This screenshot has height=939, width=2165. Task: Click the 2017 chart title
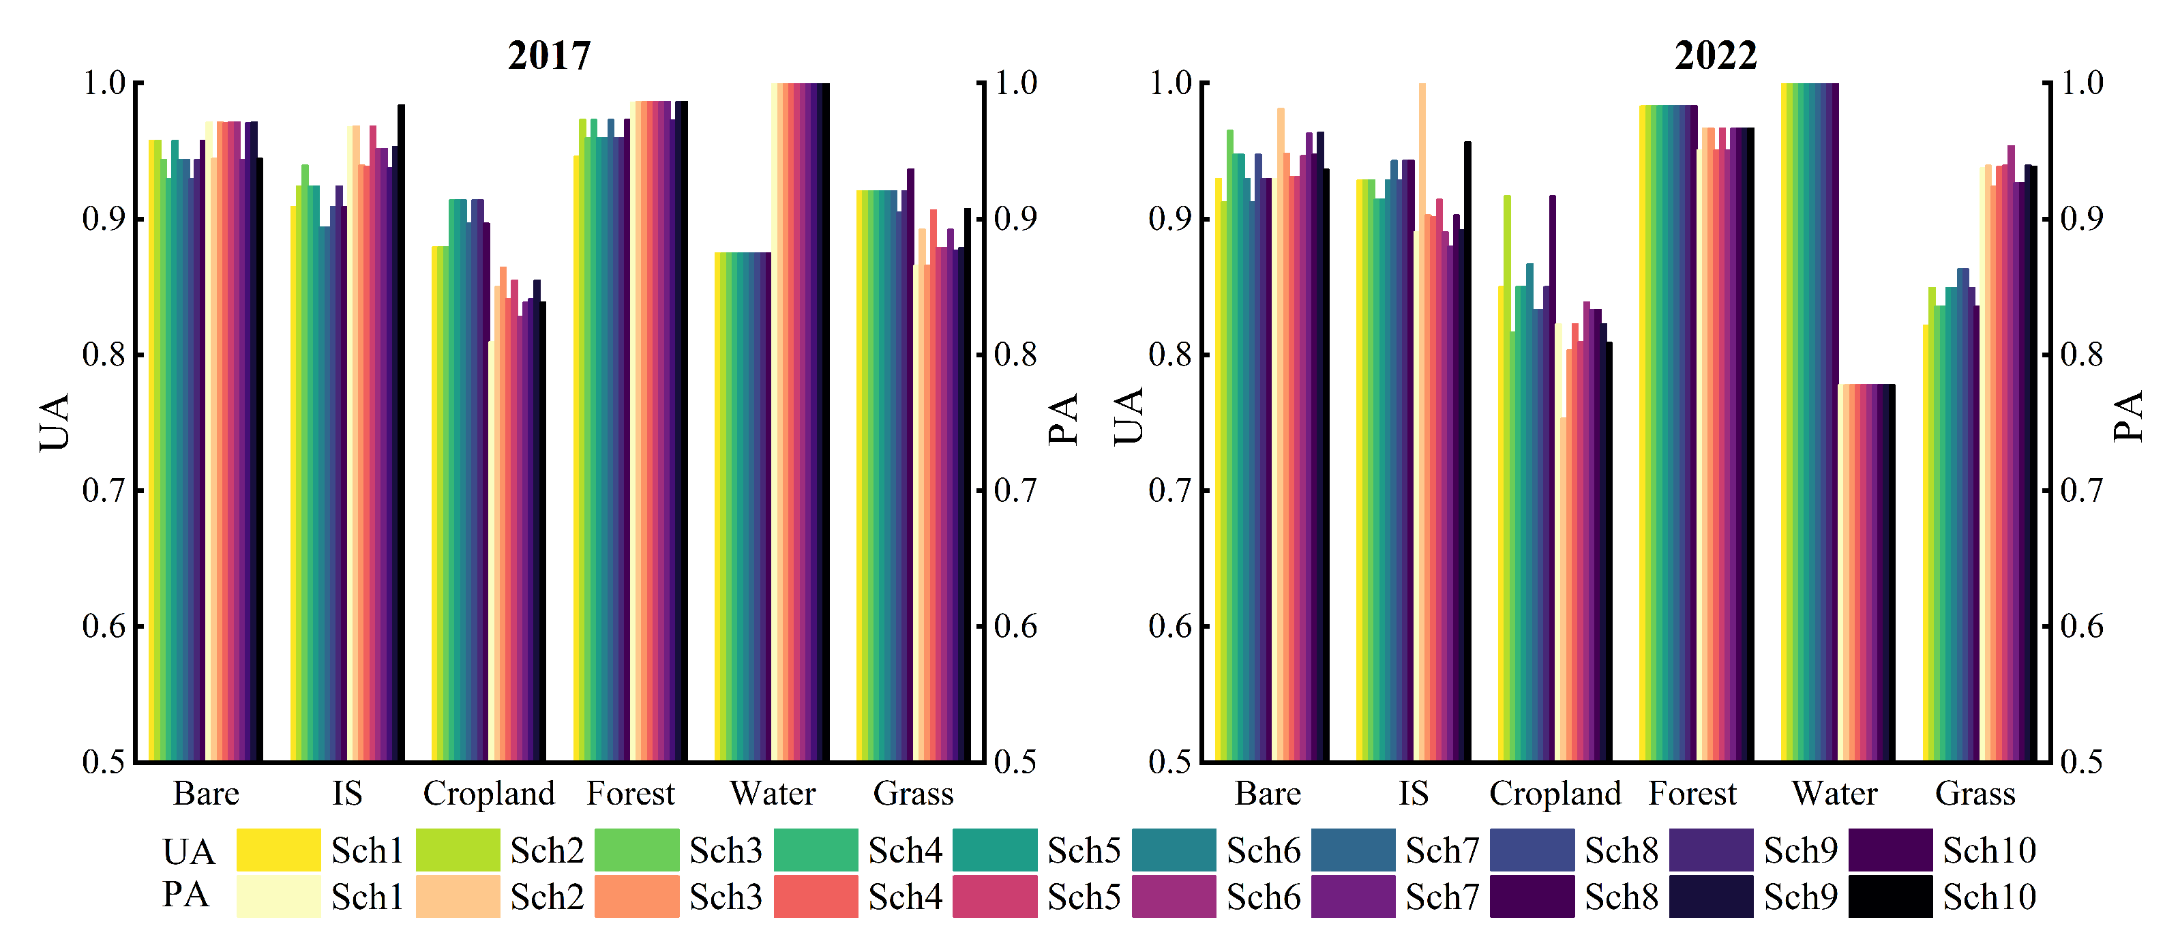[x=550, y=55]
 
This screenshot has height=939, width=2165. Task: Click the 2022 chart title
[x=1716, y=55]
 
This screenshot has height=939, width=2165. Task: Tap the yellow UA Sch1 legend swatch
[x=278, y=850]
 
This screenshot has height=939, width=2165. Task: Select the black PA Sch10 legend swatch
[x=1890, y=896]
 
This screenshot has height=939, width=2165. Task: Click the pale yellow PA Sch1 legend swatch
[x=278, y=896]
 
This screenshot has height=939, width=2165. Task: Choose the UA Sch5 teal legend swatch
[x=995, y=850]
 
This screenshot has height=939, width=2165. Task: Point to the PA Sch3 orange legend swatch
[x=637, y=896]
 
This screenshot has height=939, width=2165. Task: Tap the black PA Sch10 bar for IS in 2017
[x=401, y=433]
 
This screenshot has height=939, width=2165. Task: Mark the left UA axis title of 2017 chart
[x=55, y=422]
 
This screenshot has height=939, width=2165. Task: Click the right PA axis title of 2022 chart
[x=2128, y=417]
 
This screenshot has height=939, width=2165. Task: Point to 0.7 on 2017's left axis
[x=104, y=490]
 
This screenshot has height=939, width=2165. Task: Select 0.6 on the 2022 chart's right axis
[x=2082, y=626]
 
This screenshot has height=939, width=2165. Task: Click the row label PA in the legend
[x=185, y=895]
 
